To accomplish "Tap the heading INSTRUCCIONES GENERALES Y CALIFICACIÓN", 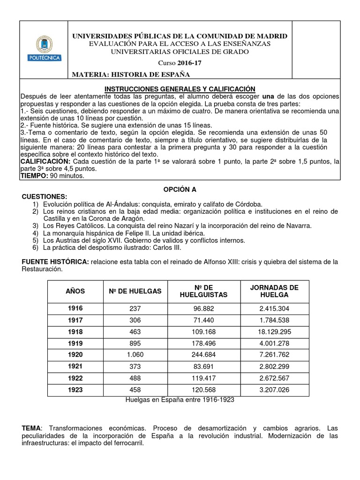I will tap(179, 89).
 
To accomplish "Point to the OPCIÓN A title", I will tap(180, 189).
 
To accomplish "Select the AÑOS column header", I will tap(75, 291).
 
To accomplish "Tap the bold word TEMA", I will tap(31, 428).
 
